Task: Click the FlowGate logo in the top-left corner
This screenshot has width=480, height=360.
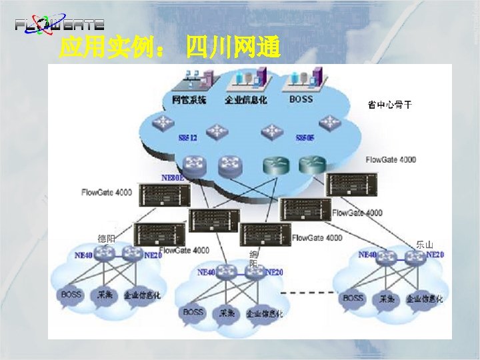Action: [59, 25]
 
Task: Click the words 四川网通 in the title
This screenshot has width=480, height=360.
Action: [233, 48]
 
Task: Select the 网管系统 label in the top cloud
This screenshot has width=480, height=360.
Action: [189, 101]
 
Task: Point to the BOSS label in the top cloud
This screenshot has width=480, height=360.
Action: [301, 100]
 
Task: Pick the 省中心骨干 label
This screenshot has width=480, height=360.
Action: [390, 104]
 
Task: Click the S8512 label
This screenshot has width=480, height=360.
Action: [188, 138]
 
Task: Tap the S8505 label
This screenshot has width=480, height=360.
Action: [305, 138]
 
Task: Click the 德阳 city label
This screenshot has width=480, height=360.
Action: [106, 239]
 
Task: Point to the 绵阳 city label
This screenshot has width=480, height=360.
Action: [253, 259]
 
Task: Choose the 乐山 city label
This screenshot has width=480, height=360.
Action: [424, 245]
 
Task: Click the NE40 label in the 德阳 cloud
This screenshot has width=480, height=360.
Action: [84, 255]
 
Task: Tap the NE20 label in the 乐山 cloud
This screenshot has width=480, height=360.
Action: [435, 255]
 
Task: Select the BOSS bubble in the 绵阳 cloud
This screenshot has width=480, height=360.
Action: [193, 312]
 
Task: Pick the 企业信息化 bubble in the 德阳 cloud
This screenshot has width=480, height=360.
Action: [142, 295]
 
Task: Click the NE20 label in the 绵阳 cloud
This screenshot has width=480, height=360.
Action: [275, 272]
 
